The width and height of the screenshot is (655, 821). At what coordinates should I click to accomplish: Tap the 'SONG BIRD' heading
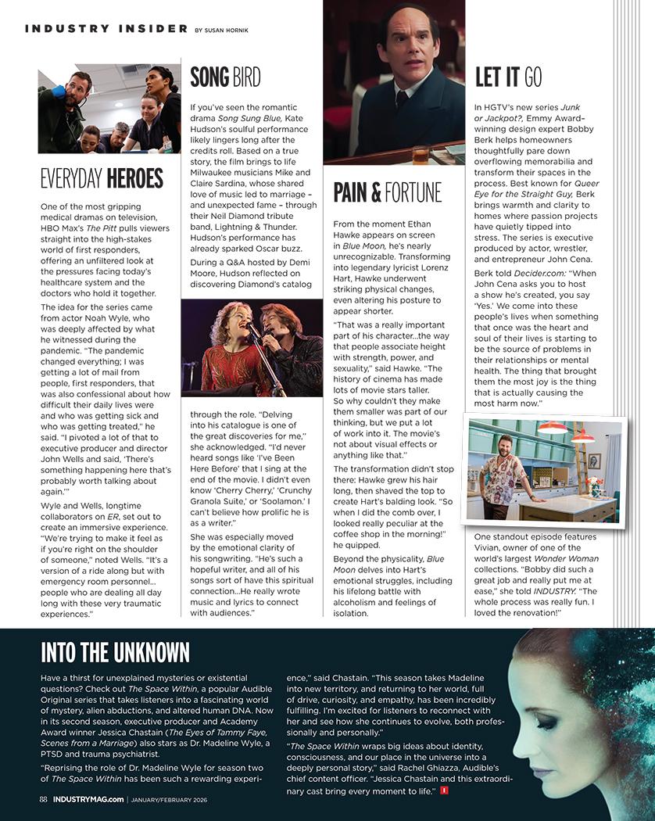pyautogui.click(x=225, y=77)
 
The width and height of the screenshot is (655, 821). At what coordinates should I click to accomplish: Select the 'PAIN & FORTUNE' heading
pyautogui.click(x=387, y=192)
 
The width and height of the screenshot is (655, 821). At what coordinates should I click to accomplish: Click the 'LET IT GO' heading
pyautogui.click(x=508, y=77)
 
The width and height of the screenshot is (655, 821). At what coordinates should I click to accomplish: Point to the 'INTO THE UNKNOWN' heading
pyautogui.click(x=115, y=652)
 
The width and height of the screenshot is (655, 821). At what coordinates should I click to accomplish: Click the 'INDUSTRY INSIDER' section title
pyautogui.click(x=106, y=29)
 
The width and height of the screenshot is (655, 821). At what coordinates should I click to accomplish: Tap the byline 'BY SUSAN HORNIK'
pyautogui.click(x=220, y=30)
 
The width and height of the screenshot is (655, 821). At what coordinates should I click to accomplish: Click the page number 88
pyautogui.click(x=44, y=799)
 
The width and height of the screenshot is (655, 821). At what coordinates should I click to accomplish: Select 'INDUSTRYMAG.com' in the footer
pyautogui.click(x=88, y=799)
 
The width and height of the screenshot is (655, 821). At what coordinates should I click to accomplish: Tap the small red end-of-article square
pyautogui.click(x=444, y=791)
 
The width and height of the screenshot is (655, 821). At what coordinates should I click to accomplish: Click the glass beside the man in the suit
pyautogui.click(x=422, y=152)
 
